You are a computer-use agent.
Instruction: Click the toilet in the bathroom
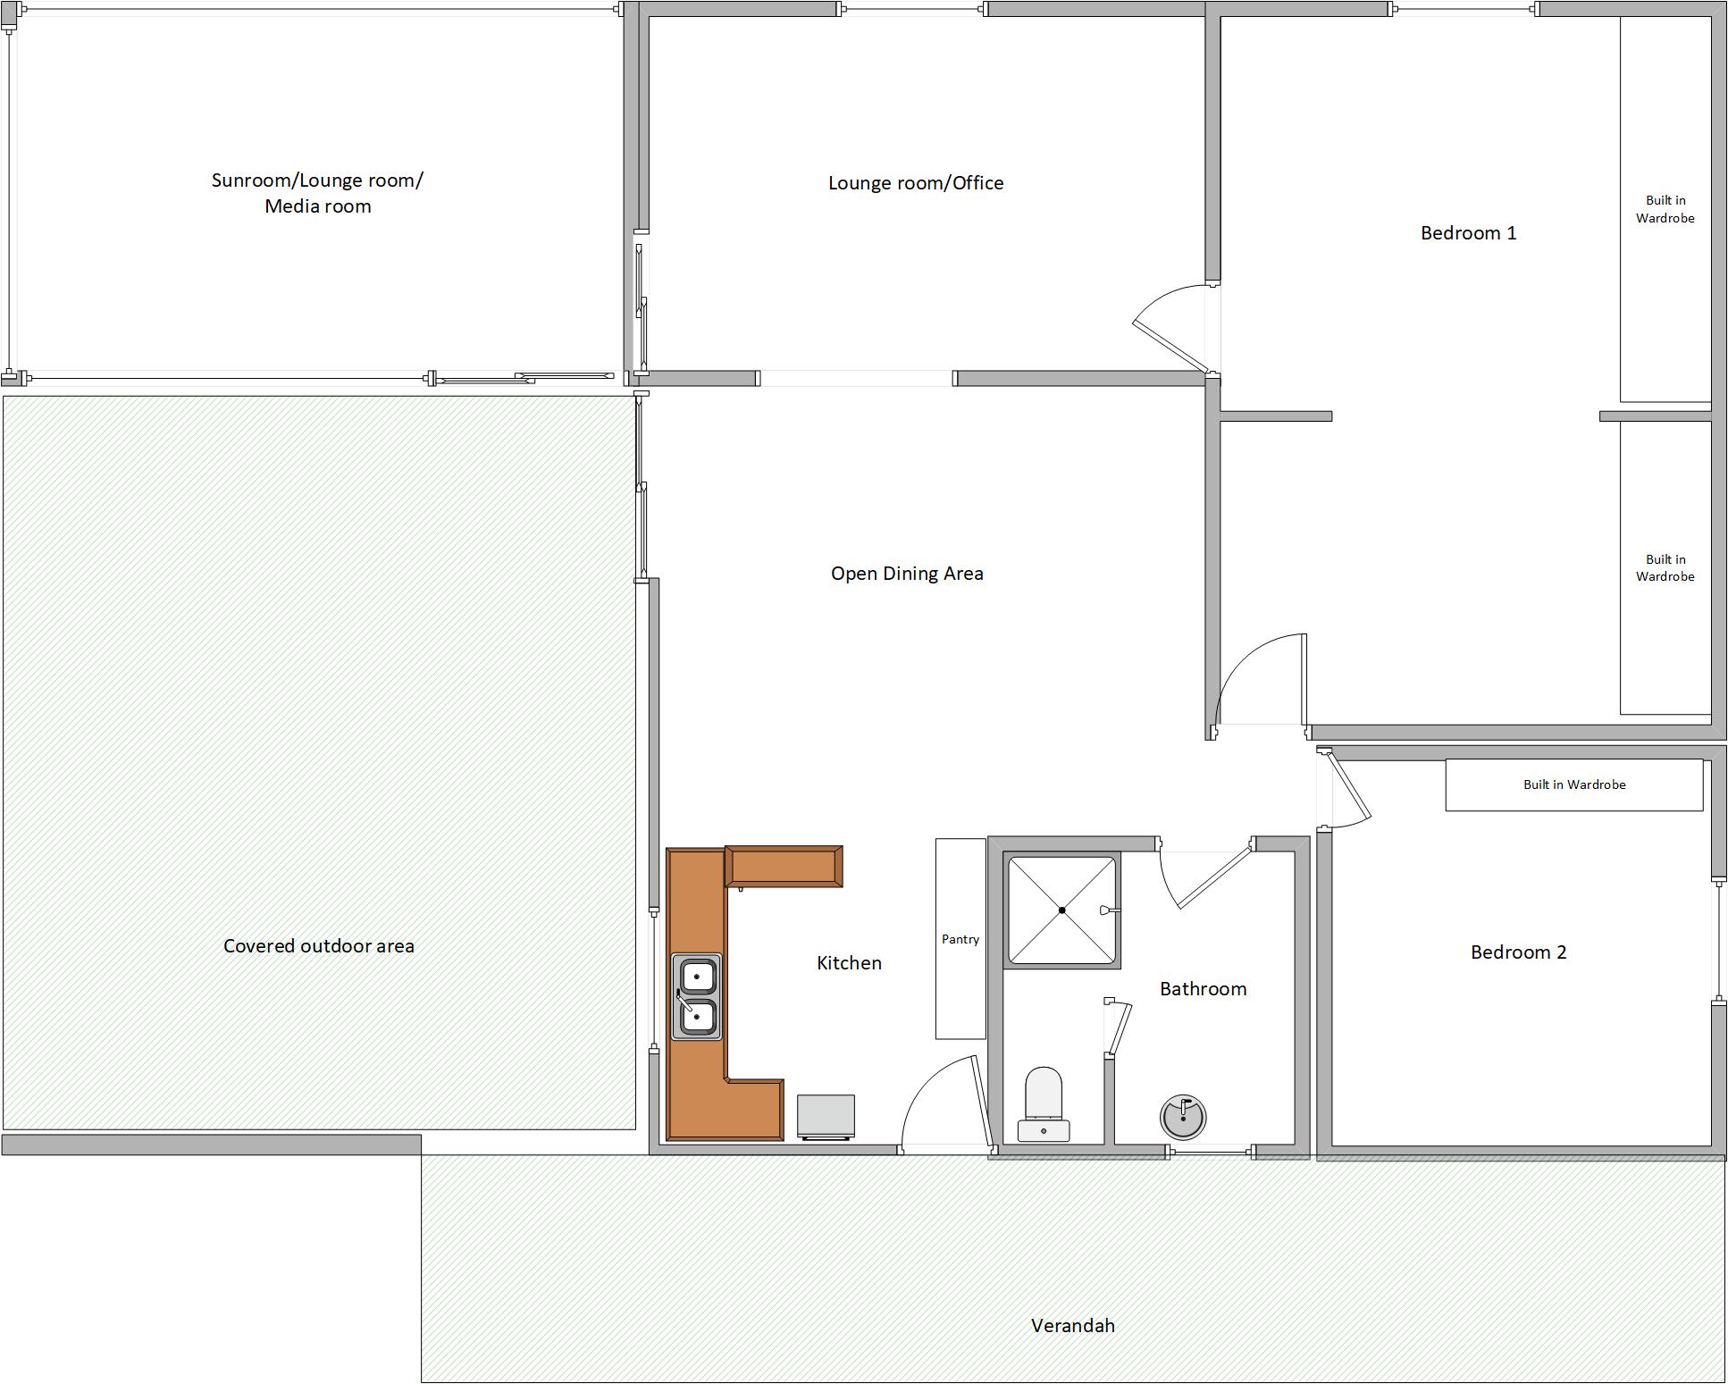1044,1104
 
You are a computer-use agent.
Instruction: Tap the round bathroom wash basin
1183,1117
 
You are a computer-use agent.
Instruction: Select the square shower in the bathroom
1062,910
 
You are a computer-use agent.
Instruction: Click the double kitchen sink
696,996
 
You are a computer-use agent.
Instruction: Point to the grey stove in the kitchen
826,1118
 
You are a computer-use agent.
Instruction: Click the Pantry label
960,939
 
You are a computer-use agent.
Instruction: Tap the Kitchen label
849,963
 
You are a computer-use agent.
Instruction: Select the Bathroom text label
1203,989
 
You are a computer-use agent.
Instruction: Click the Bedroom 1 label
1468,233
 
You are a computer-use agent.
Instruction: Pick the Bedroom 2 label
1518,952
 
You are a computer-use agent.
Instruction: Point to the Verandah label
1072,1326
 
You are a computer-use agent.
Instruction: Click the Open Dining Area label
907,574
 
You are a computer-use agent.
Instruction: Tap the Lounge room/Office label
916,183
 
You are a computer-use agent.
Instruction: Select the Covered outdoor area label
318,946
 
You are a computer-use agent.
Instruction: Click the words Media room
317,206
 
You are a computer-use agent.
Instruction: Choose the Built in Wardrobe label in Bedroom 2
1574,784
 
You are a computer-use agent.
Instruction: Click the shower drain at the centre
1062,910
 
